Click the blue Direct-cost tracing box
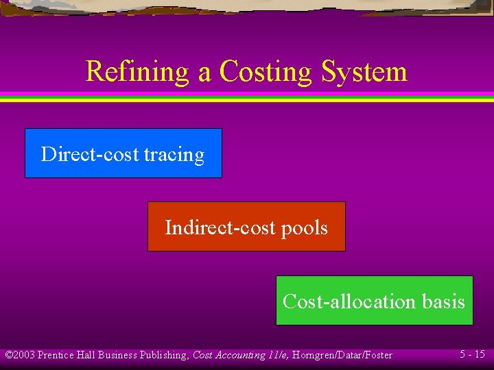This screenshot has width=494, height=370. (x=123, y=153)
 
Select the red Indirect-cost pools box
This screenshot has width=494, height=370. (x=246, y=227)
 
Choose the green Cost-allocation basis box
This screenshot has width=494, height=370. (x=374, y=301)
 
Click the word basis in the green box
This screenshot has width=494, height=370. (x=443, y=301)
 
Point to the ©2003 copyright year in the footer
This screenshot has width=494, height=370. (x=20, y=355)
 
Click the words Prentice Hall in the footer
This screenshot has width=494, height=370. (x=66, y=355)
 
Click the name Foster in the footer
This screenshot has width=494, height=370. (x=377, y=355)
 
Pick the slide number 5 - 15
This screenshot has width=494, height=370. (x=472, y=354)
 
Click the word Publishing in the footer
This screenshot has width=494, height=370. (x=165, y=355)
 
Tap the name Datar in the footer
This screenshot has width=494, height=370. (x=344, y=355)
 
